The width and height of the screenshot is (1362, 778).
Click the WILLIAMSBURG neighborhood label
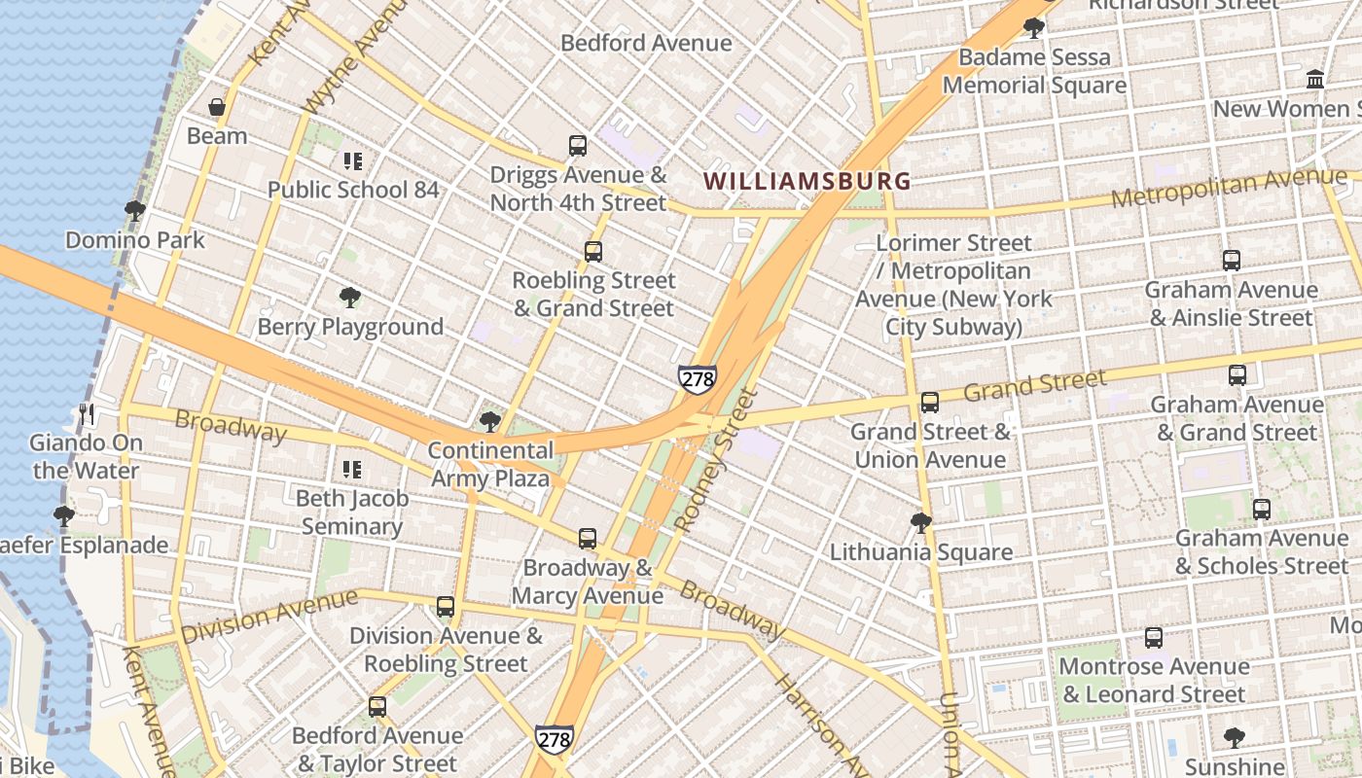click(x=807, y=181)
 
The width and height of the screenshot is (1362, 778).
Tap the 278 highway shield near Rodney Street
click(x=698, y=379)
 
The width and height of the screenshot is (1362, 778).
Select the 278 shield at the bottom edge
click(x=554, y=739)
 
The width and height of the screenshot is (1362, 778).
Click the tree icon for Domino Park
click(x=135, y=210)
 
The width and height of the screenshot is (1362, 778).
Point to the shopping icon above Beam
click(x=217, y=106)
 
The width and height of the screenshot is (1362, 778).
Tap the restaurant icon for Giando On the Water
click(x=87, y=414)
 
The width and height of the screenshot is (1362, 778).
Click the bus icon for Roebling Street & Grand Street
click(x=593, y=252)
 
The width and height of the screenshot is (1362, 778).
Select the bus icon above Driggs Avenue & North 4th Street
click(x=578, y=146)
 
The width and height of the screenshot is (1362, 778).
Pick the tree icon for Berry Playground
click(x=349, y=298)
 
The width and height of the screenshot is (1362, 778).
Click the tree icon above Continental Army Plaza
click(x=490, y=421)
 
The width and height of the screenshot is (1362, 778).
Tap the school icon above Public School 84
click(x=352, y=160)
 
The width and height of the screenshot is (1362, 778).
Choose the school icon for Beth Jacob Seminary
click(x=351, y=470)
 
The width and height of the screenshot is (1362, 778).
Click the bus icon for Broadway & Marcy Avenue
click(x=588, y=538)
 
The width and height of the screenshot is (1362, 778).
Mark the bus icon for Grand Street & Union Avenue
click(x=930, y=402)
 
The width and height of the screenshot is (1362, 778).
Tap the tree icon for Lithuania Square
click(x=920, y=523)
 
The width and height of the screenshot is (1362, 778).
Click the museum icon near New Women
click(x=1315, y=79)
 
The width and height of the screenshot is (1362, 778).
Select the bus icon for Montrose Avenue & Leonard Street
click(x=1154, y=637)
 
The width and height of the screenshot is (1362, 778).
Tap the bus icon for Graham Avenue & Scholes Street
click(x=1262, y=509)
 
